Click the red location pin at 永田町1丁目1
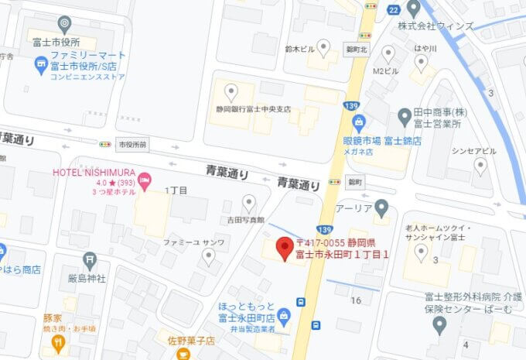pos(283,247)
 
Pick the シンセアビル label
pos(470,150)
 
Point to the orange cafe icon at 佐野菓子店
pos(183,352)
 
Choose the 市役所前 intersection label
pos(130,144)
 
